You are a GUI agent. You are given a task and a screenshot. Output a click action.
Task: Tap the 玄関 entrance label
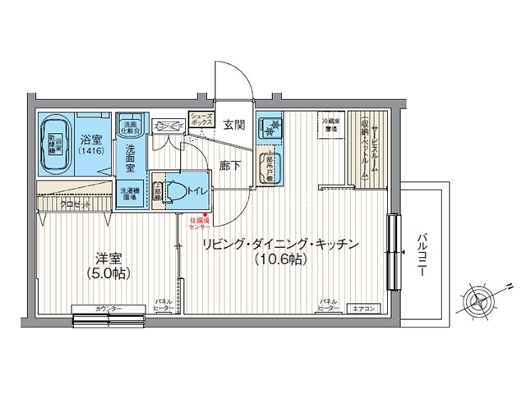(234, 126)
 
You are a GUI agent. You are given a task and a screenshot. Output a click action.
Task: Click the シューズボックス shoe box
(202, 120)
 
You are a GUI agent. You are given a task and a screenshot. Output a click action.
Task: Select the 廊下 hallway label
(231, 165)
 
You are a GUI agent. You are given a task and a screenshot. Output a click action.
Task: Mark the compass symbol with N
(479, 301)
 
